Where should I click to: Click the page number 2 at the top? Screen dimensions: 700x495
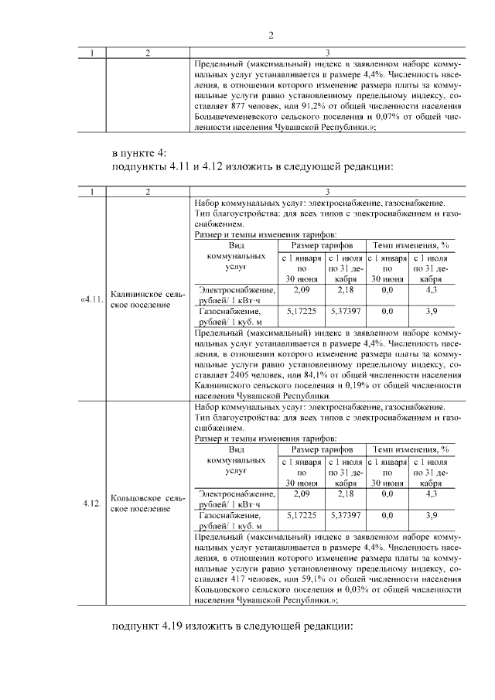[271, 35]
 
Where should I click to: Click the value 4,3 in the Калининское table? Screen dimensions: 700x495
[432, 289]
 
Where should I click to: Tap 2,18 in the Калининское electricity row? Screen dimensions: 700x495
[345, 289]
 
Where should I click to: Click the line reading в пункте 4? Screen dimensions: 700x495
[139, 152]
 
